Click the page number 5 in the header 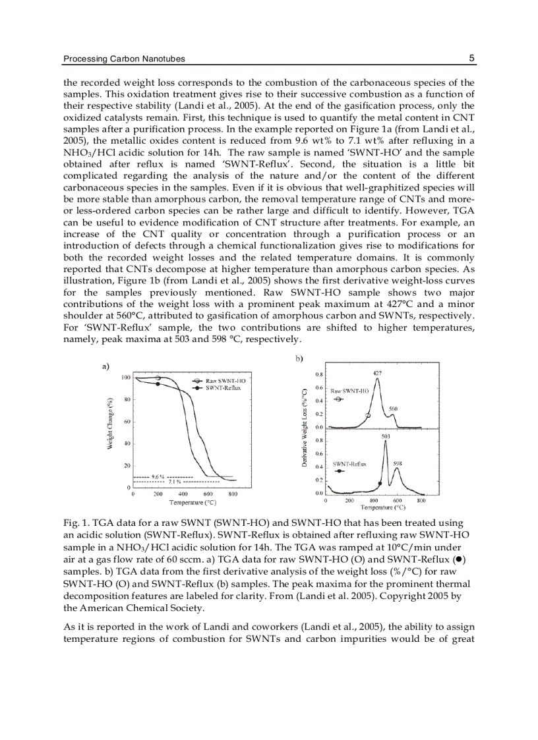point(471,58)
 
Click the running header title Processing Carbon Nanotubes point(124,59)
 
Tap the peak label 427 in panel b point(377,373)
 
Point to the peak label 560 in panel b point(393,409)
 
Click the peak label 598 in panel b point(398,463)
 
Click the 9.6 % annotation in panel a point(158,476)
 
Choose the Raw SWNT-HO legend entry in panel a point(220,381)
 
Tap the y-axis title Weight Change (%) point(110,424)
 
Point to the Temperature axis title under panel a point(193,502)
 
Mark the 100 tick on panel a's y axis point(126,377)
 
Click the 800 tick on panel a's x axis point(233,494)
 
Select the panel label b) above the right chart point(299,359)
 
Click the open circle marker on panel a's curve point(158,378)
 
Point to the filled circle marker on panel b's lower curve point(379,484)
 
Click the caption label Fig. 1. point(74,523)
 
